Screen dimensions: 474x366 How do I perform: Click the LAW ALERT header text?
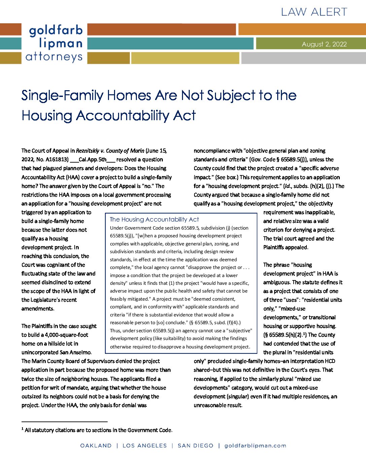(314, 12)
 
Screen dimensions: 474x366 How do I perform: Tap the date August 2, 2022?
(324, 44)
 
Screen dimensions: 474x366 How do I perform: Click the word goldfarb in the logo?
(56, 31)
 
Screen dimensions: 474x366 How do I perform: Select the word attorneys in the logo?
(54, 57)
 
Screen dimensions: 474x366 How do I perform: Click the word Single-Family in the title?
(63, 96)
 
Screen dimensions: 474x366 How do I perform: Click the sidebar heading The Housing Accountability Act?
(154, 219)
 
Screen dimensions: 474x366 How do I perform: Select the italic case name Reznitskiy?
(87, 151)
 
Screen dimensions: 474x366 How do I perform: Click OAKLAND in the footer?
(96, 446)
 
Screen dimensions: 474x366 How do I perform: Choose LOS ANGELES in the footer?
(145, 446)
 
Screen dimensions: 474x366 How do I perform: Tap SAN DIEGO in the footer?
(195, 446)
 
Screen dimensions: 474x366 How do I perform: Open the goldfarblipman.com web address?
(255, 446)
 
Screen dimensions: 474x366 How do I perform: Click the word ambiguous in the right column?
(277, 282)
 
